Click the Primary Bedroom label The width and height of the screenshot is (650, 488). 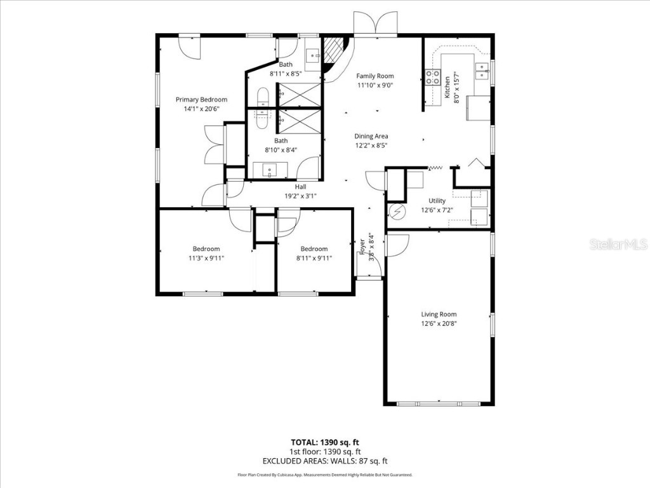pos(201,100)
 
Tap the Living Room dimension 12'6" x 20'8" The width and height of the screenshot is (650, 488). pos(439,323)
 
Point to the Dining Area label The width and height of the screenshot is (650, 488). pos(371,136)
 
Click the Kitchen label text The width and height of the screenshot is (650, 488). pos(448,87)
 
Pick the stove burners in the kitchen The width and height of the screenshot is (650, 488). pos(433,78)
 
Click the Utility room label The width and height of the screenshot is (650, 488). pos(437,201)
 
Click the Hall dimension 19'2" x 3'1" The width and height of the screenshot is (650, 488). pos(300,196)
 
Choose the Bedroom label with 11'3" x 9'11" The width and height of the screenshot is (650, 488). pos(206,248)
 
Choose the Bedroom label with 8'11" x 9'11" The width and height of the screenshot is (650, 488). pos(314,248)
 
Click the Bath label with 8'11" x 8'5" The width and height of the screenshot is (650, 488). pos(286,65)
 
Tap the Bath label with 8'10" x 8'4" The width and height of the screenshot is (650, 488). pos(281,141)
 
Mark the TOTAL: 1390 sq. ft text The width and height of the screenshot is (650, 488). pos(325,442)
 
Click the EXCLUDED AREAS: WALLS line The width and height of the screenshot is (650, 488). pos(325,461)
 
